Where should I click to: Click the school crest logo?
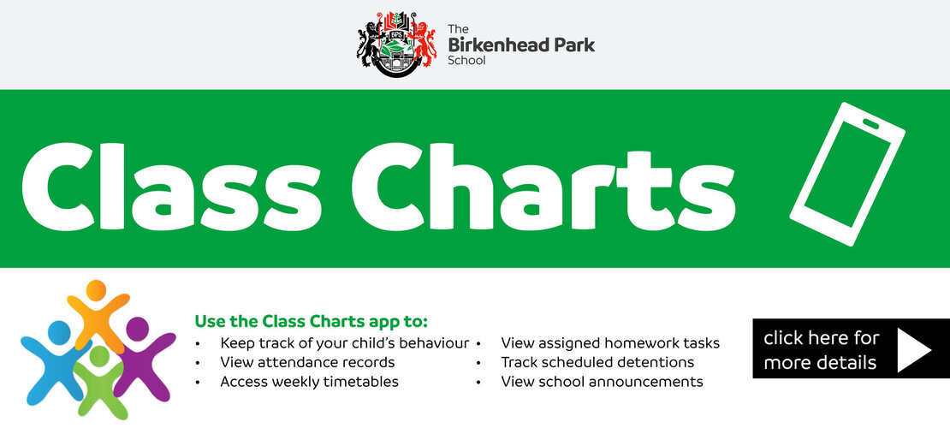point(396,44)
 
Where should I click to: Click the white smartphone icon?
point(847,174)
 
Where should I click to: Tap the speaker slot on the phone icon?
point(870,124)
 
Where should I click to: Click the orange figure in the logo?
point(98,312)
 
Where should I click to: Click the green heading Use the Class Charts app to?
point(311,321)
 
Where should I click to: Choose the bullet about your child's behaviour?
point(344,343)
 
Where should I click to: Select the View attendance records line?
point(307,363)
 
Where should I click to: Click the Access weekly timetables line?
point(309,382)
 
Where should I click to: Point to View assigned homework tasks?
point(610,343)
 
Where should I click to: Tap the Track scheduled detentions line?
point(597,363)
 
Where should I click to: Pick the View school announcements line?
point(603,382)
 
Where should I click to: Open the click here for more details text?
point(821,350)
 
